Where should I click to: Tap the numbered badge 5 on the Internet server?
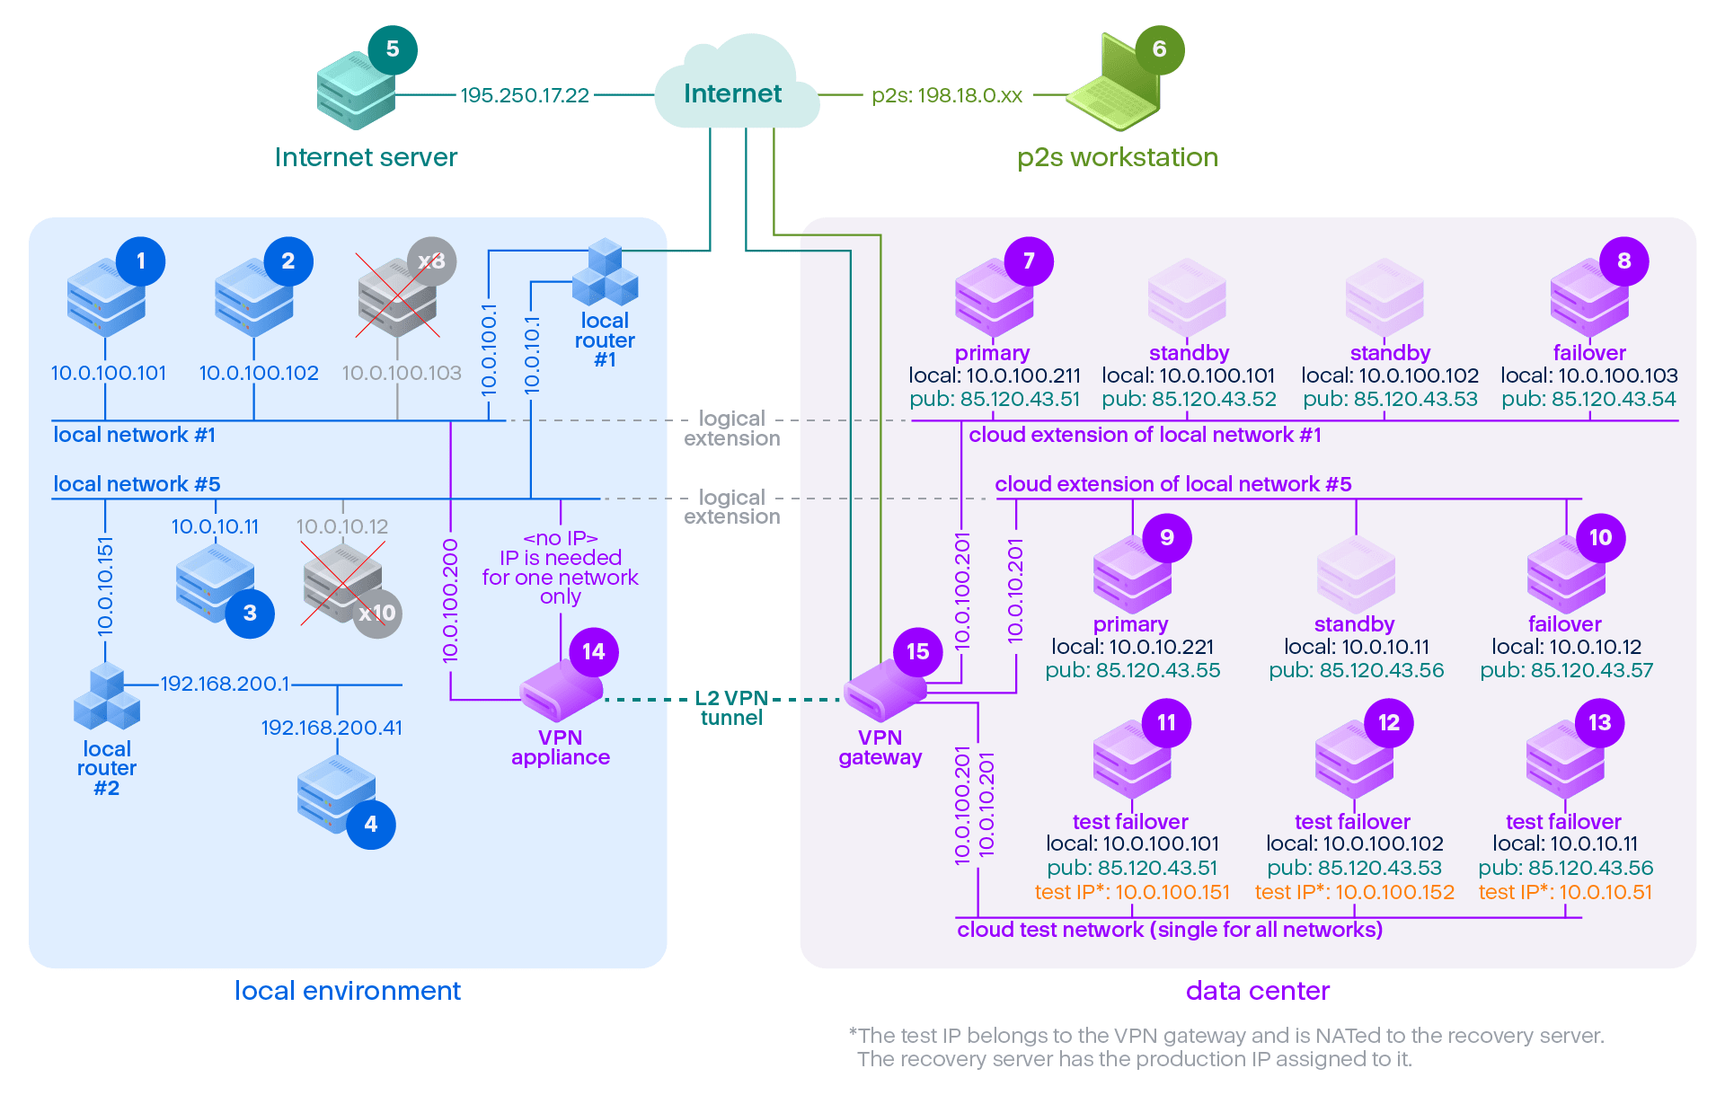pos(393,49)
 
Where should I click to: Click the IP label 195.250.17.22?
pos(525,95)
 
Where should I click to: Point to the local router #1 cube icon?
pos(605,273)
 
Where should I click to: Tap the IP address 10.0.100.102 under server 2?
pos(259,373)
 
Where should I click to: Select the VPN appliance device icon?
pos(561,693)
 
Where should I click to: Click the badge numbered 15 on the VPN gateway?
pos(917,651)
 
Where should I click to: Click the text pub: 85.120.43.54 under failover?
pos(1588,399)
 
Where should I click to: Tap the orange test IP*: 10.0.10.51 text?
pos(1565,892)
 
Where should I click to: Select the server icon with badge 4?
pos(336,794)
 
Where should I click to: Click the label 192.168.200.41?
pos(332,728)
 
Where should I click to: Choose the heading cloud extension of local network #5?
pos(1172,484)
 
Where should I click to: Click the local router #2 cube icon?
pos(106,699)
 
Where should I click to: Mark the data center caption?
pos(1257,991)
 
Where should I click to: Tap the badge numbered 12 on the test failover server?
pos(1388,722)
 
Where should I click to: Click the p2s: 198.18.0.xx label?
pos(947,95)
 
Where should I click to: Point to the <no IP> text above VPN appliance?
pos(561,538)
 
